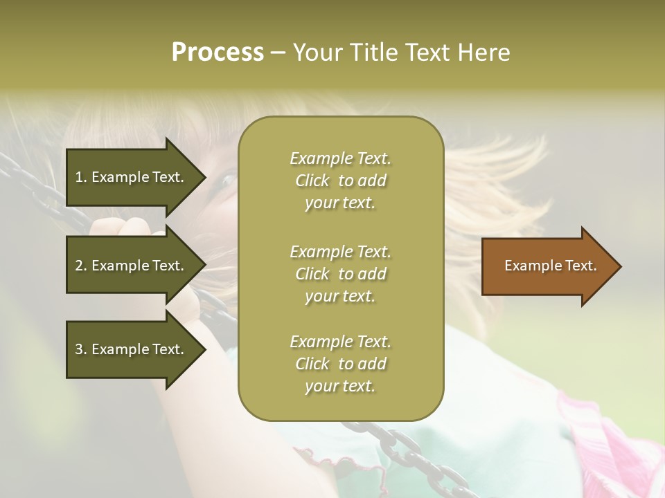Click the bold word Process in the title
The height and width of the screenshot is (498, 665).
[218, 52]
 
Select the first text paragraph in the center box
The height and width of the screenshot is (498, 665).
[341, 181]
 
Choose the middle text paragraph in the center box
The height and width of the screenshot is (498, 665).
[341, 274]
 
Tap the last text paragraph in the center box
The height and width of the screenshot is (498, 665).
[341, 364]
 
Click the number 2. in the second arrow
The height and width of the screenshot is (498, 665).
[81, 266]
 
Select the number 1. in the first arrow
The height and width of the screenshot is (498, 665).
[81, 177]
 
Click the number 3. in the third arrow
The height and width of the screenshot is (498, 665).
[81, 349]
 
